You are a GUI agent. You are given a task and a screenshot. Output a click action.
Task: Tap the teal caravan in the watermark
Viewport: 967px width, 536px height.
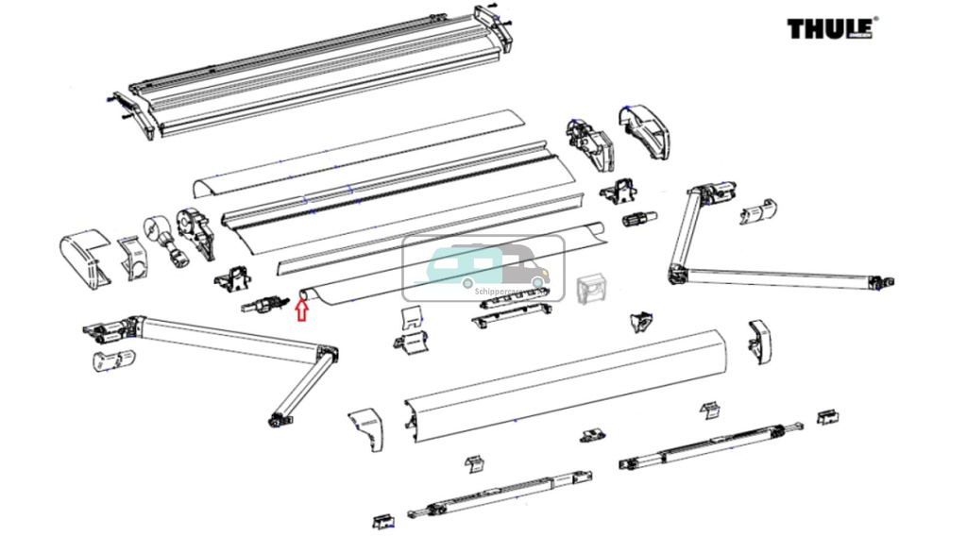pyautogui.click(x=464, y=261)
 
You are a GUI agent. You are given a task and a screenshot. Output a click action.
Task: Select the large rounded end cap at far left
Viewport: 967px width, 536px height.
pyautogui.click(x=82, y=256)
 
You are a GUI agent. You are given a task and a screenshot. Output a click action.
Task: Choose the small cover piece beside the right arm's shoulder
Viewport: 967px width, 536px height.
pyautogui.click(x=759, y=211)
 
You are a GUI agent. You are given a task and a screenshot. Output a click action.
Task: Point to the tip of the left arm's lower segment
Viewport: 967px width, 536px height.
pyautogui.click(x=278, y=418)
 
